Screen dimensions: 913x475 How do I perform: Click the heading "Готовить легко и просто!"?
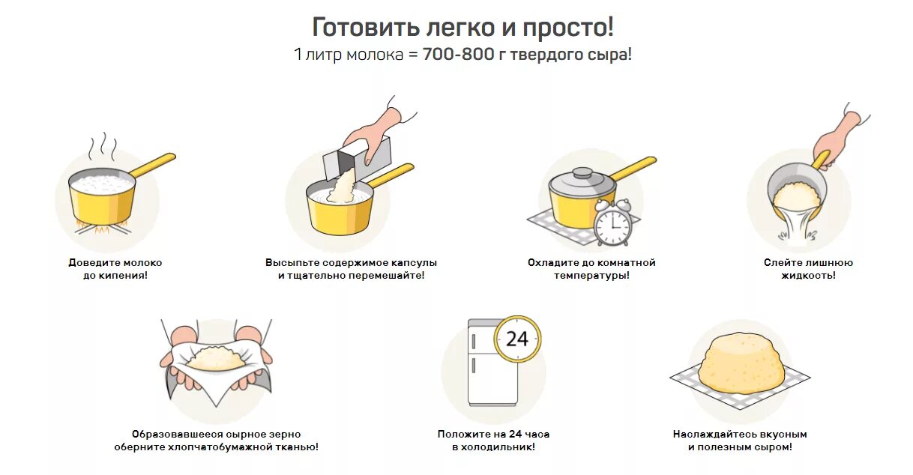pyautogui.click(x=462, y=28)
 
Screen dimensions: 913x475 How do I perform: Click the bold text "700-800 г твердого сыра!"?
pyautogui.click(x=527, y=55)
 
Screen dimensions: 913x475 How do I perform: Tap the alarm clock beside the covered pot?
pyautogui.click(x=612, y=223)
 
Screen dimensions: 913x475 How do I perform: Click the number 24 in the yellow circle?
pyautogui.click(x=517, y=339)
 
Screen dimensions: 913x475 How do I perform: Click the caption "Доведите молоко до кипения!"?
pyautogui.click(x=115, y=269)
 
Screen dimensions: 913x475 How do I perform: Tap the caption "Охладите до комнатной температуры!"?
pyautogui.click(x=591, y=269)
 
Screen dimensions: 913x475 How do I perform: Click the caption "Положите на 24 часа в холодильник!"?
pyautogui.click(x=493, y=441)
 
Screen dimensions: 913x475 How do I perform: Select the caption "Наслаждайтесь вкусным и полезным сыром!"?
pyautogui.click(x=740, y=441)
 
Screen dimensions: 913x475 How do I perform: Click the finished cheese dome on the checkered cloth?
pyautogui.click(x=741, y=361)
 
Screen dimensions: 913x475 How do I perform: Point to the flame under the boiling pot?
pyautogui.click(x=101, y=225)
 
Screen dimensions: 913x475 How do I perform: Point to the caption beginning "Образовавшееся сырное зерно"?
pyautogui.click(x=216, y=441)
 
